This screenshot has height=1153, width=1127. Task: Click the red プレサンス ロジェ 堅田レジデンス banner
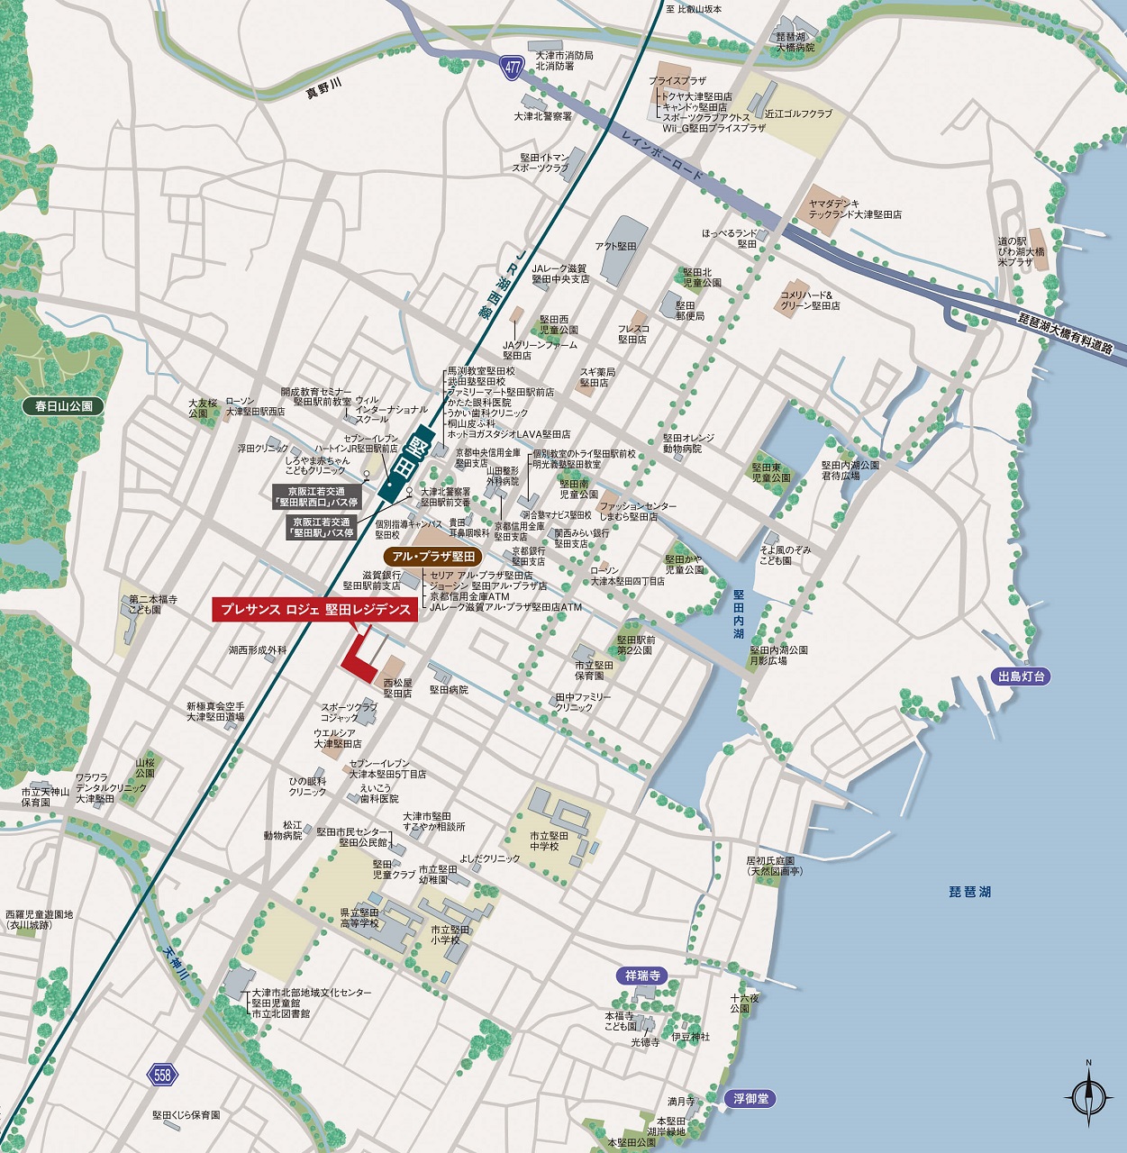(314, 610)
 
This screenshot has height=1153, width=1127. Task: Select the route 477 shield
(513, 67)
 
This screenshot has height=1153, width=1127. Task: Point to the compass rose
(1088, 1096)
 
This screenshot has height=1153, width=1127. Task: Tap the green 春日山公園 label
(64, 406)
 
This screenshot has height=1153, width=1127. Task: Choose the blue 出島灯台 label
(1021, 676)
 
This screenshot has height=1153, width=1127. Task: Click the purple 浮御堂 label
(750, 1099)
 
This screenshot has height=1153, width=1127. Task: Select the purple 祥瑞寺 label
(643, 976)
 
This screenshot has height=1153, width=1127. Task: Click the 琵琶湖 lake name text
(970, 892)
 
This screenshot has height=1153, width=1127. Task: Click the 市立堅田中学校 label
(550, 841)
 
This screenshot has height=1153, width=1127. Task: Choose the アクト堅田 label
(615, 246)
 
